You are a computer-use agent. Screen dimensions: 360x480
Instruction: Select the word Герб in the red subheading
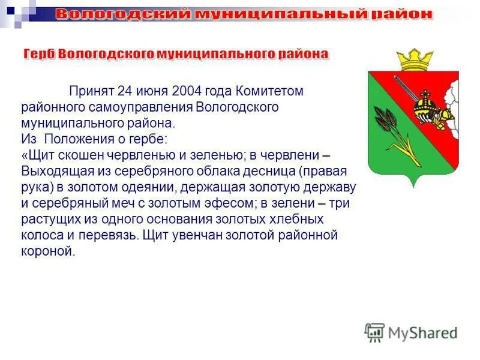pos(39,54)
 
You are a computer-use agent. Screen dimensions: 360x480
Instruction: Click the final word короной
pos(47,251)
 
